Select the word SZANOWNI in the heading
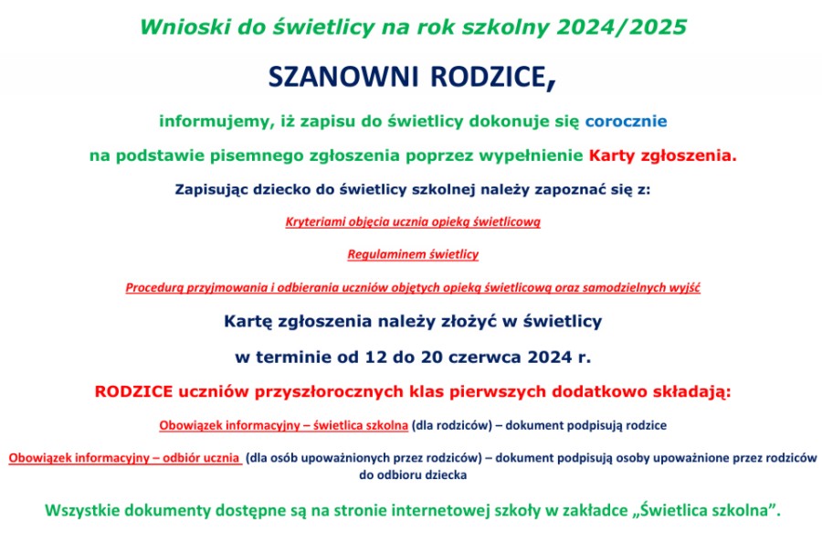[343, 77]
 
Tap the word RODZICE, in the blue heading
[493, 78]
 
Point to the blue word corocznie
[626, 122]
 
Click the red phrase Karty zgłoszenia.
[663, 155]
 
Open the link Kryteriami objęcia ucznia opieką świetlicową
[413, 222]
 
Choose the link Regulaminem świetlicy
[413, 254]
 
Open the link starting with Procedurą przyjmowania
[413, 287]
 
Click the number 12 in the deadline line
[375, 357]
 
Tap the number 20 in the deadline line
[431, 357]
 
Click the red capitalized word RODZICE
[133, 391]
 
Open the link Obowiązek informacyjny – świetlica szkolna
[284, 425]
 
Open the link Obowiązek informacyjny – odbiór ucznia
[125, 458]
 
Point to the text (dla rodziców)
[452, 425]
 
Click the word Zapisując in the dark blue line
[211, 190]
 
